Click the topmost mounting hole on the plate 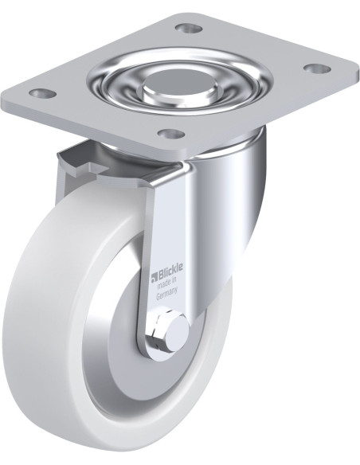[189, 29]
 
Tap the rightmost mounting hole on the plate [318, 68]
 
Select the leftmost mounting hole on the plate [43, 93]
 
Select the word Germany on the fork [166, 294]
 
